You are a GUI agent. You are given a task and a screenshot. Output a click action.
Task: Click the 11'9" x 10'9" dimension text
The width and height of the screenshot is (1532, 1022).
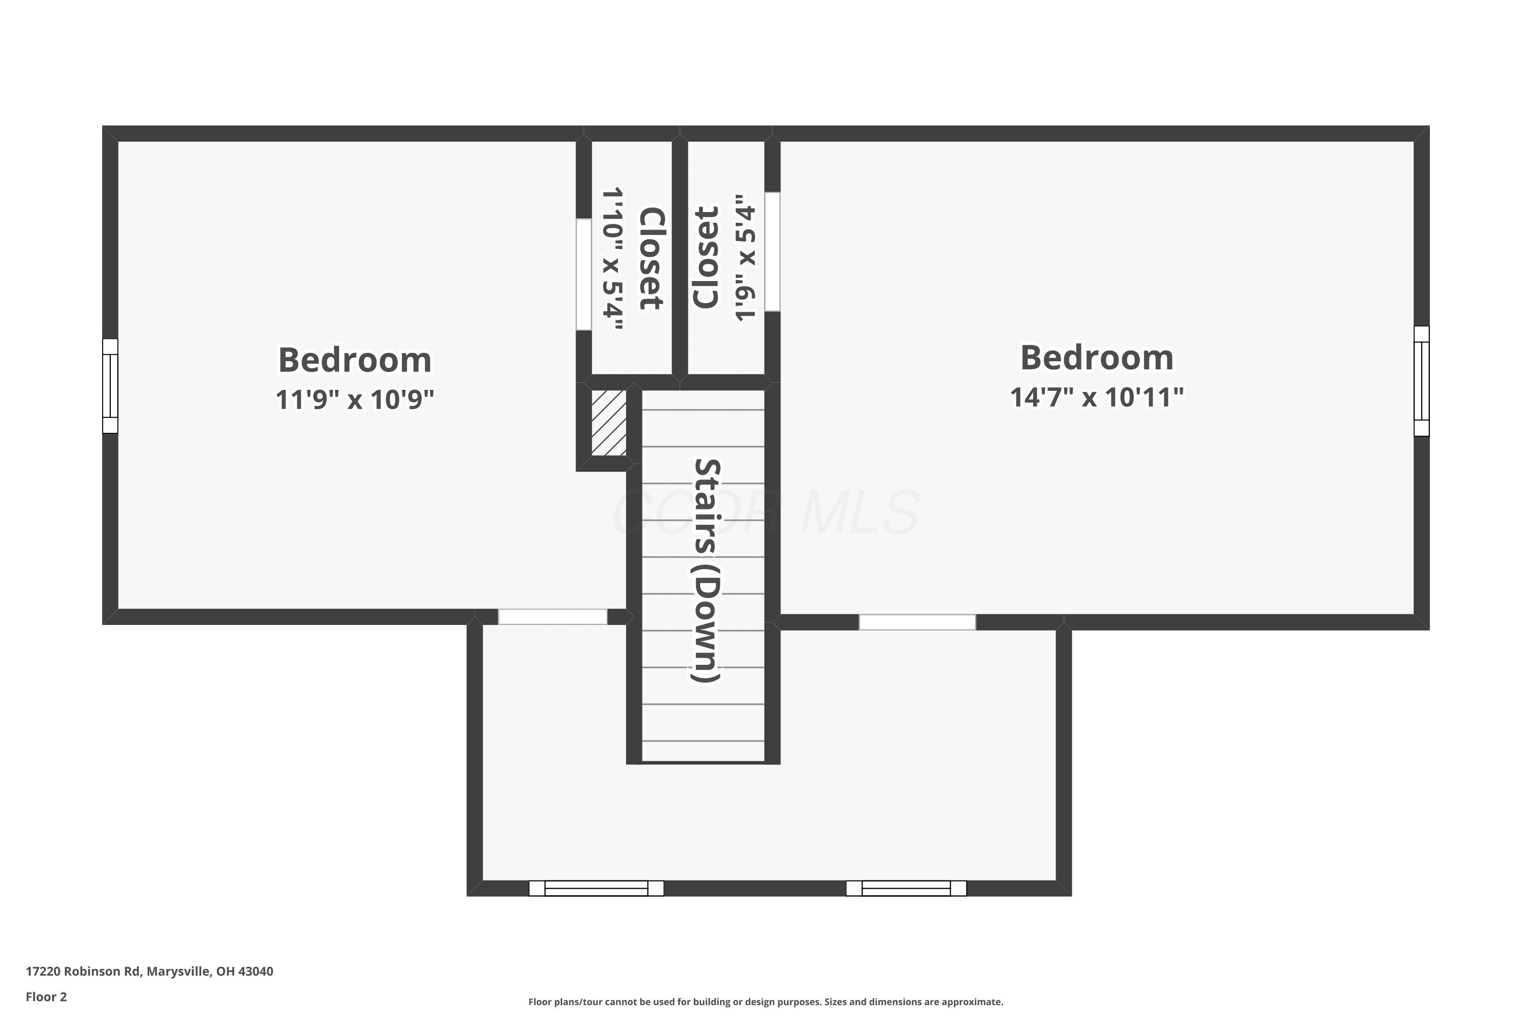pos(354,400)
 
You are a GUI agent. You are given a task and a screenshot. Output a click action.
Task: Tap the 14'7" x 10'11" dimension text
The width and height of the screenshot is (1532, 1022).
pos(1097,397)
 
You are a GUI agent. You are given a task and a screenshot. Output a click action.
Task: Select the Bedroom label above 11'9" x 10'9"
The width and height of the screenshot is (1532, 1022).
pos(355,360)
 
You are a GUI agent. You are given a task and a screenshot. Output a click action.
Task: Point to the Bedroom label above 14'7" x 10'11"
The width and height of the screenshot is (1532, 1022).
pos(1097,357)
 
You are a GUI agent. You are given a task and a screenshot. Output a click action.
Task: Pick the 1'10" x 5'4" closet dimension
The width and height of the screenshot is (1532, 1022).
pos(612,258)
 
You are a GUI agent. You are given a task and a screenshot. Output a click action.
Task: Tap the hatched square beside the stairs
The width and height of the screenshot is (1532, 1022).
pos(608,423)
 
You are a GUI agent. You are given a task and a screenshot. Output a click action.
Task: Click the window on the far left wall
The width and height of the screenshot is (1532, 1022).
pos(110,386)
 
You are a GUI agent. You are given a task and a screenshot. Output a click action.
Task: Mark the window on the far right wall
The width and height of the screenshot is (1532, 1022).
pos(1421,381)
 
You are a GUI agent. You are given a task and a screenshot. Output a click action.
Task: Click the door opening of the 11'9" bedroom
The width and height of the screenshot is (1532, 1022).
pos(553,617)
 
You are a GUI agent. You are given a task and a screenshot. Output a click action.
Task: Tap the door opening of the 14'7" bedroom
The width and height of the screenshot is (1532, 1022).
pos(917,622)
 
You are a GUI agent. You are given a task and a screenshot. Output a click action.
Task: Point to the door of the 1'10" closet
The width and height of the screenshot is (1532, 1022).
pos(584,274)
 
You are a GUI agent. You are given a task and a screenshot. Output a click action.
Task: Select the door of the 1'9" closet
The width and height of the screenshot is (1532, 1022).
pos(773,251)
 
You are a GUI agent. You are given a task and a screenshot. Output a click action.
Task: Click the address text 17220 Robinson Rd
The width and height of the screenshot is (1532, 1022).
pos(83,971)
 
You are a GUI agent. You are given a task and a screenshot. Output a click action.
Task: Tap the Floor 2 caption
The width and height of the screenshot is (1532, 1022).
pos(46,996)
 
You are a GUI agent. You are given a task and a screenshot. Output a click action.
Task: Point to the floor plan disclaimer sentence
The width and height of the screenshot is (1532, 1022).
pos(765,1002)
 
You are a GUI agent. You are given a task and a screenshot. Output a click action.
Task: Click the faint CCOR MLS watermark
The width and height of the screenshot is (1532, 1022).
pos(767,513)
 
